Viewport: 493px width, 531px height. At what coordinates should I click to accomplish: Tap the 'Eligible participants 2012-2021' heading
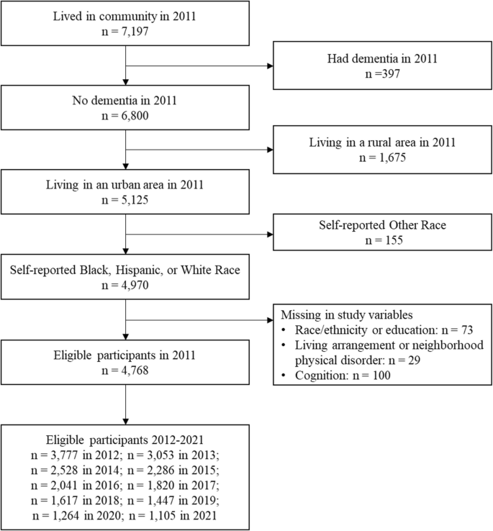click(126, 438)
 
